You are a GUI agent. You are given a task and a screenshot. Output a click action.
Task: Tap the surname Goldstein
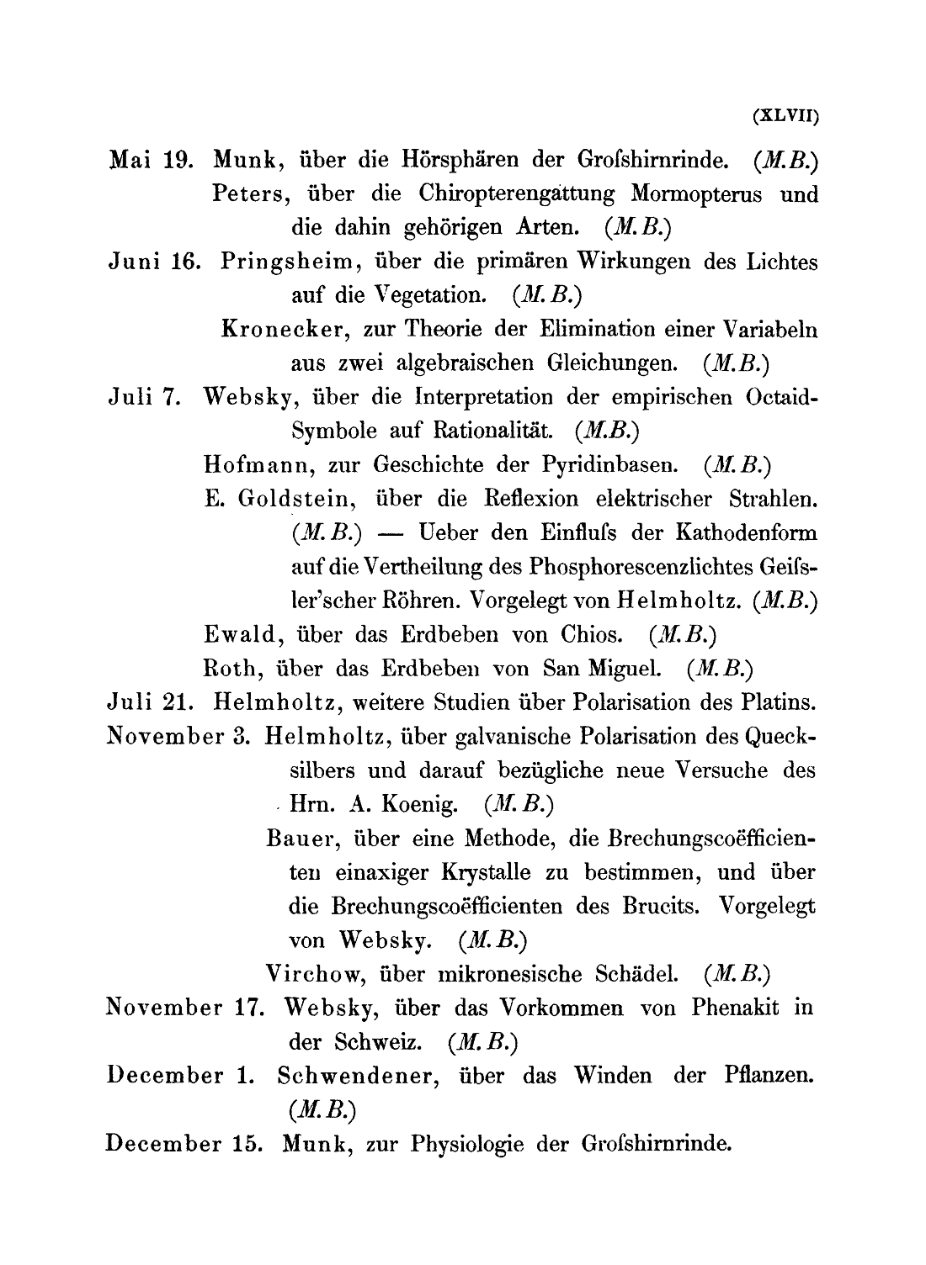coord(294,499)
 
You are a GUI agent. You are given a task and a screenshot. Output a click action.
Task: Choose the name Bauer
coord(299,839)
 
